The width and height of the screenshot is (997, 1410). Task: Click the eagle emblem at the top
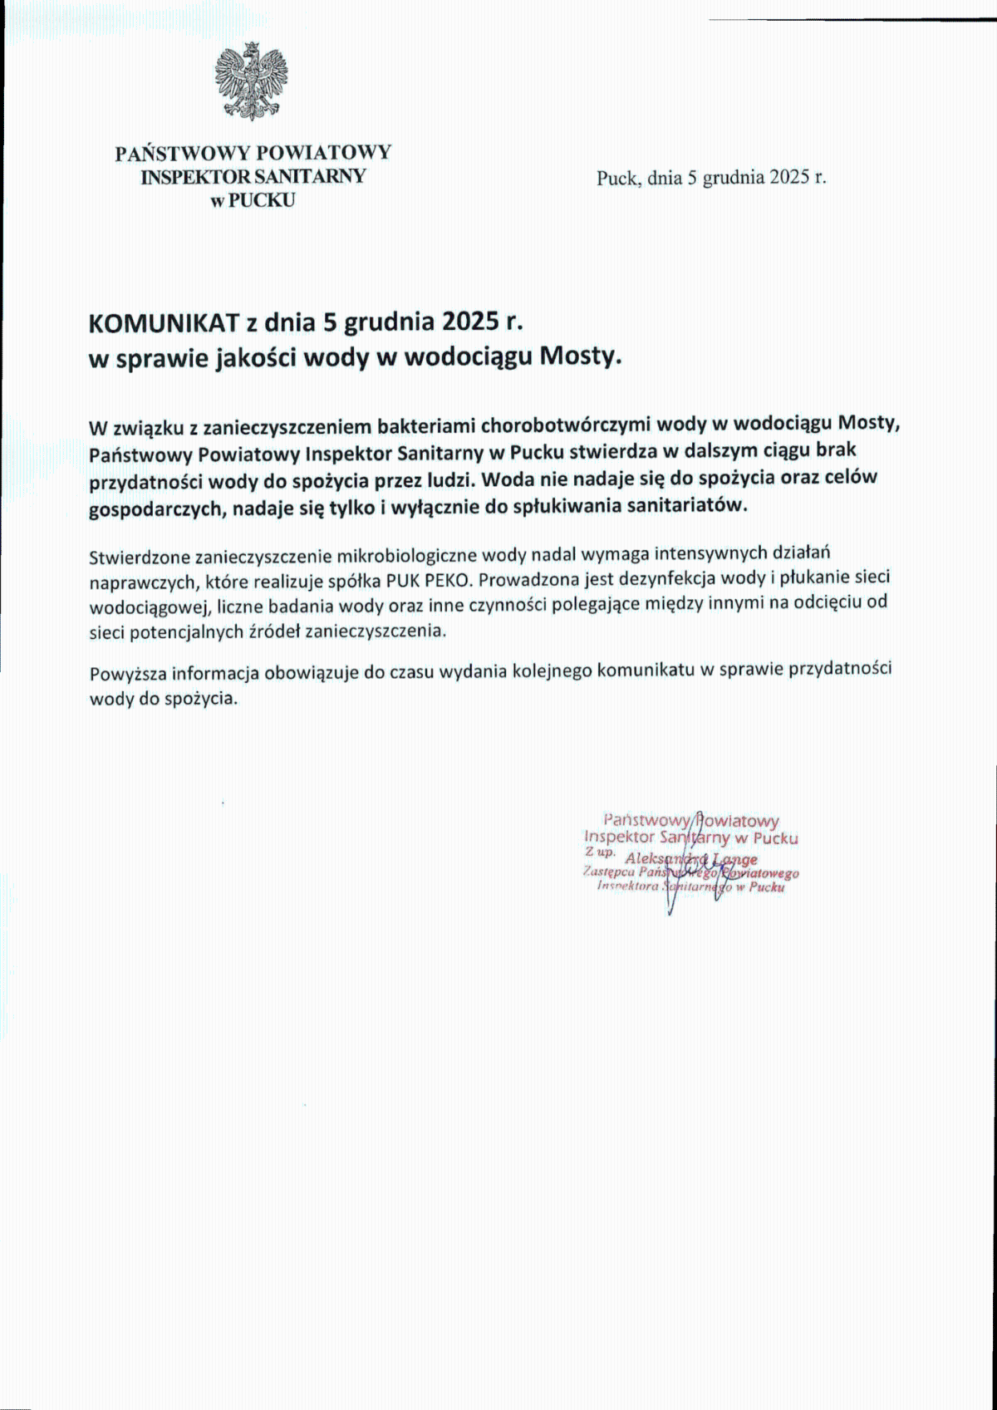[x=251, y=82]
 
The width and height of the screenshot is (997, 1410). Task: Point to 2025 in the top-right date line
[x=789, y=177]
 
